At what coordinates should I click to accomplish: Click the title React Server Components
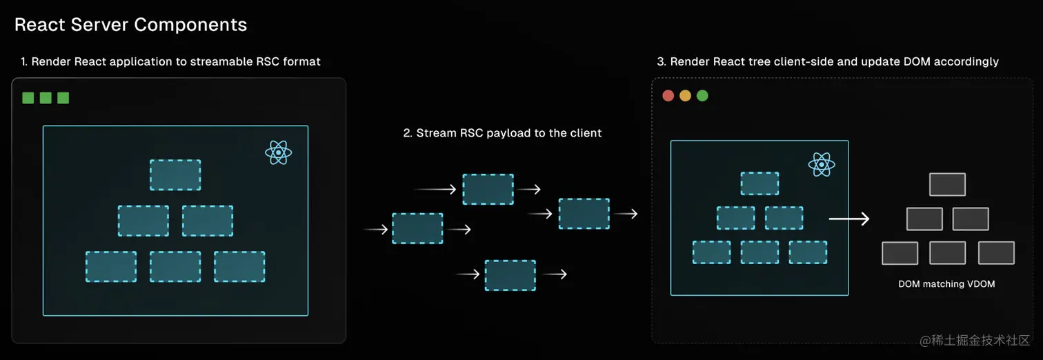click(130, 25)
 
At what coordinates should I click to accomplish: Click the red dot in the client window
click(668, 96)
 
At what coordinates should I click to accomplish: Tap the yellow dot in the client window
click(685, 96)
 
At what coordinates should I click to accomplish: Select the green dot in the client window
click(702, 96)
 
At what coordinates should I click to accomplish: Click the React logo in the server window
click(279, 152)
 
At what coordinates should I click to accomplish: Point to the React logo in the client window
click(822, 164)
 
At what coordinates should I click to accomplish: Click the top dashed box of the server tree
click(175, 175)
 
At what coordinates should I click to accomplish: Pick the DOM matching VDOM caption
click(946, 283)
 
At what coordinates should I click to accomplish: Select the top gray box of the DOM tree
click(947, 185)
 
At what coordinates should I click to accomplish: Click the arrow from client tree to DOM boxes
click(848, 219)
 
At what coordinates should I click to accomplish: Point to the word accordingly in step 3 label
click(966, 61)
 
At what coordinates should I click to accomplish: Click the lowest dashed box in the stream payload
click(510, 275)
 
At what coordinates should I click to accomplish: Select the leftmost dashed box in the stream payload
click(417, 228)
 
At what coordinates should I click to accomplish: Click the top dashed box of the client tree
click(759, 183)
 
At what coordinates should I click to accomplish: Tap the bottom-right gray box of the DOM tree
click(996, 253)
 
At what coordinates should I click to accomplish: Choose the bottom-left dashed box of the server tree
click(111, 266)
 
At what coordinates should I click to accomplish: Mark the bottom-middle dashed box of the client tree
click(759, 252)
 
